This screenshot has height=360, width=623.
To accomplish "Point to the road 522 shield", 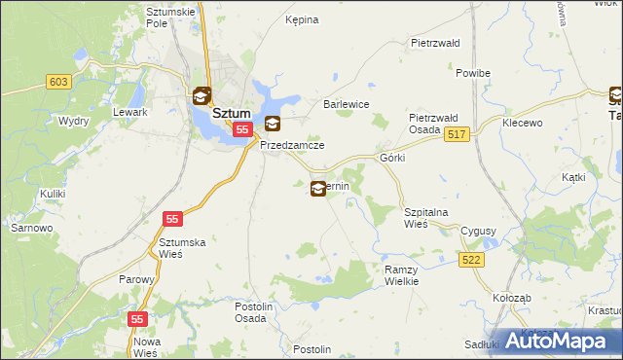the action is click(472, 259).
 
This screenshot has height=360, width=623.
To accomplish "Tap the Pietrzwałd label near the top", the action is click(434, 44).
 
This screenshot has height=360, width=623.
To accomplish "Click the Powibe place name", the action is click(472, 73).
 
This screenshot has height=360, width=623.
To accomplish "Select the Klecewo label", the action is click(522, 124).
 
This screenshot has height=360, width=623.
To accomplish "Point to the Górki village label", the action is click(392, 157).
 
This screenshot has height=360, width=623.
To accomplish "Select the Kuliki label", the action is click(53, 194).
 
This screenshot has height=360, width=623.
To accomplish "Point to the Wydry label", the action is click(46, 121).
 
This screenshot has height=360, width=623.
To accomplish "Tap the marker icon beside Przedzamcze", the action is click(273, 124).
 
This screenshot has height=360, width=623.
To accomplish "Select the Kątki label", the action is click(573, 178).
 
